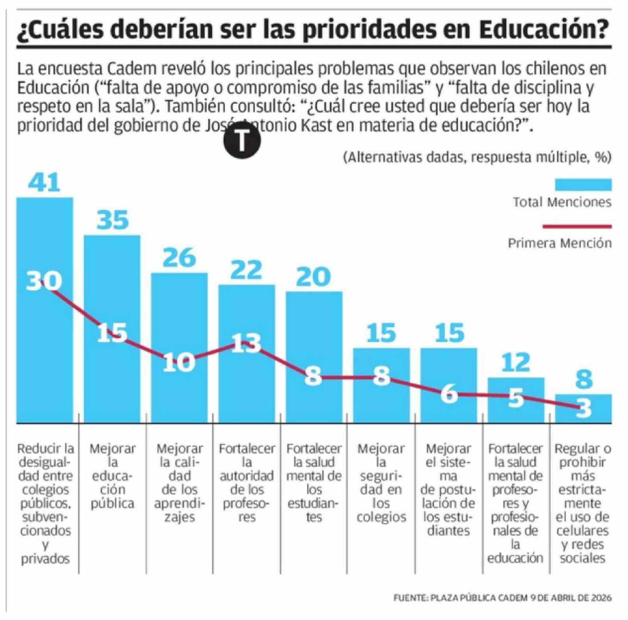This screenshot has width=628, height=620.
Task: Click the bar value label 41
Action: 44,182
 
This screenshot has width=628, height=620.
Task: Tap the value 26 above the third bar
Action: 179,258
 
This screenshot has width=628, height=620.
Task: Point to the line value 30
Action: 44,281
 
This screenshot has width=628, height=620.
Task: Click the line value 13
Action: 246,343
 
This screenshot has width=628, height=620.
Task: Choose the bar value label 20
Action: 313,277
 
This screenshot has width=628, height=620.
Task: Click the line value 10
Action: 179,362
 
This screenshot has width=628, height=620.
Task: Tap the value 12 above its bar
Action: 515,363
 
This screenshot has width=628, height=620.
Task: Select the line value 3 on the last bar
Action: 583,408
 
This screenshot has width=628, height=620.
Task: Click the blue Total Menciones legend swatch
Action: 583,185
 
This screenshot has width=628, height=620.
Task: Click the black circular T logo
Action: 242,140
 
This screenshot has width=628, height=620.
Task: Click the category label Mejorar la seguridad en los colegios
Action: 381,482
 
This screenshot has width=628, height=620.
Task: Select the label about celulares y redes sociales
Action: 582,503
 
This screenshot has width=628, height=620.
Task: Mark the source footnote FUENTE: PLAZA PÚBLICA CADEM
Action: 502,598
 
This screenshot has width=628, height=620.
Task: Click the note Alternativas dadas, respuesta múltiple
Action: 477,157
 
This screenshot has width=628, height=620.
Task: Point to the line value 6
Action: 449,394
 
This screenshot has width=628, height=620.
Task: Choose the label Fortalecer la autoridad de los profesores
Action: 247,482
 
